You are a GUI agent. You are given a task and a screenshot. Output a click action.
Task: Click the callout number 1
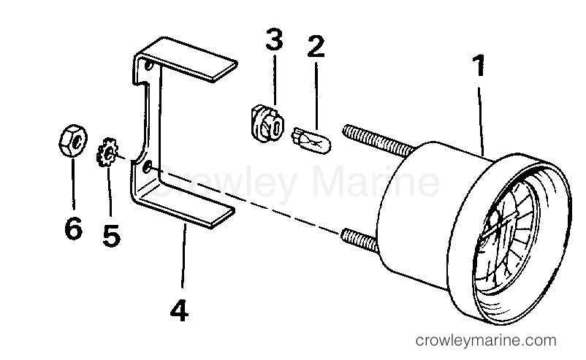pos(479,65)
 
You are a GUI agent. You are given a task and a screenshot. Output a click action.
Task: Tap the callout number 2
pos(316,46)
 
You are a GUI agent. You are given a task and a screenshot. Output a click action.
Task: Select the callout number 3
pos(274,39)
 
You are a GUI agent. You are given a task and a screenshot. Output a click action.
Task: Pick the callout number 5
pos(111,236)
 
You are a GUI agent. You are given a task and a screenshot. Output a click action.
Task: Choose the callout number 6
pos(73,228)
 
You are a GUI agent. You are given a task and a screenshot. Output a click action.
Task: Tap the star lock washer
pos(107,152)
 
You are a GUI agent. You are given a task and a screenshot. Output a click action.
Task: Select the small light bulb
pos(311,141)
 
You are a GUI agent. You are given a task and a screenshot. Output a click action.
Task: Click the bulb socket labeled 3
pos(267,123)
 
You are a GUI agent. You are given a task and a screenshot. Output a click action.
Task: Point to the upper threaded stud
pos(378,141)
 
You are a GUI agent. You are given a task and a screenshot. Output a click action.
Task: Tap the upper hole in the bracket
pos(149,66)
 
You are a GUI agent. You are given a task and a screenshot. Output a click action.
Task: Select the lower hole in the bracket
pos(148,166)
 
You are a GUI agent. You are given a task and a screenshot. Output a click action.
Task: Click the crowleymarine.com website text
pos(486,340)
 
